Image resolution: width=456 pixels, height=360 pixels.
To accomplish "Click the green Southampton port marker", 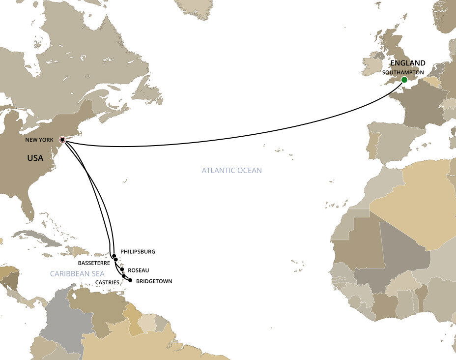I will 404,80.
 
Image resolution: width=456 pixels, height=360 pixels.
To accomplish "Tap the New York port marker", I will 62,140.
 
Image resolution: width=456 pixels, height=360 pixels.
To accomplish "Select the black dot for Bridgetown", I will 130,280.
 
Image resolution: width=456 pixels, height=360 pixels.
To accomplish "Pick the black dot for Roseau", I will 122,270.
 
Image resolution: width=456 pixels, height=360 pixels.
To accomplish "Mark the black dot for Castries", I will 124,276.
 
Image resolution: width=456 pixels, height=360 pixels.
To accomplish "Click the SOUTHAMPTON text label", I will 403,72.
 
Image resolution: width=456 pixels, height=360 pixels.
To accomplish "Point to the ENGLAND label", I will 408,63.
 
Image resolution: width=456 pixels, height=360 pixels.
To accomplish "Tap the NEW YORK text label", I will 40,140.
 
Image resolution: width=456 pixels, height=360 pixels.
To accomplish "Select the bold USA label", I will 35,158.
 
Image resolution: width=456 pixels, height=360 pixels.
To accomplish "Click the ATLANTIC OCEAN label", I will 231,171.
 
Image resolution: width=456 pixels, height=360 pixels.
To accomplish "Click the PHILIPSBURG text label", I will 137,251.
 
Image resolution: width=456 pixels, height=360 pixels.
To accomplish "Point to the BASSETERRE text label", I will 94,263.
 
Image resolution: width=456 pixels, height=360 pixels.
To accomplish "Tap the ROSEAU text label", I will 138,270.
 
